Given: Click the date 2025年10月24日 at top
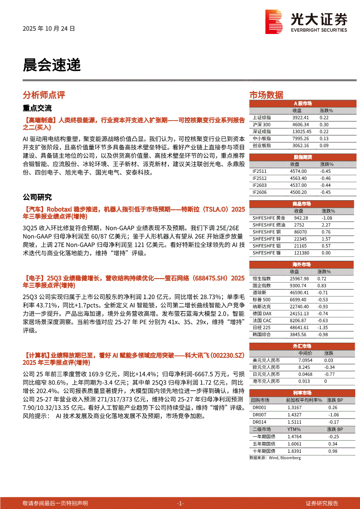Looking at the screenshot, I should pos(49,28).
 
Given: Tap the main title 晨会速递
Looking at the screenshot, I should pos(52,65).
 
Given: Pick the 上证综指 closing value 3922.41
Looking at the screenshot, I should pos(300,118).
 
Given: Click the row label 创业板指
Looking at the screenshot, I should pos(262,145).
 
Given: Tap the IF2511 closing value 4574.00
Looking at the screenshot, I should pos(298,171).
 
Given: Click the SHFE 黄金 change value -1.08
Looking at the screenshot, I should pos(326,218).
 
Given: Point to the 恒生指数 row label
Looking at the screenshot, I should pos(262,278).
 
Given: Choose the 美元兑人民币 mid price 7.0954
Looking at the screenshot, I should pos(305,360).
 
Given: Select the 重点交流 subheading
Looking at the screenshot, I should pos(37,108).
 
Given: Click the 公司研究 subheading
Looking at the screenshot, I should pos(37,197).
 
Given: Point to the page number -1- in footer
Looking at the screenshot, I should pos(180,503).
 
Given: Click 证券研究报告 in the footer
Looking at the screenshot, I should pos(322,503).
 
